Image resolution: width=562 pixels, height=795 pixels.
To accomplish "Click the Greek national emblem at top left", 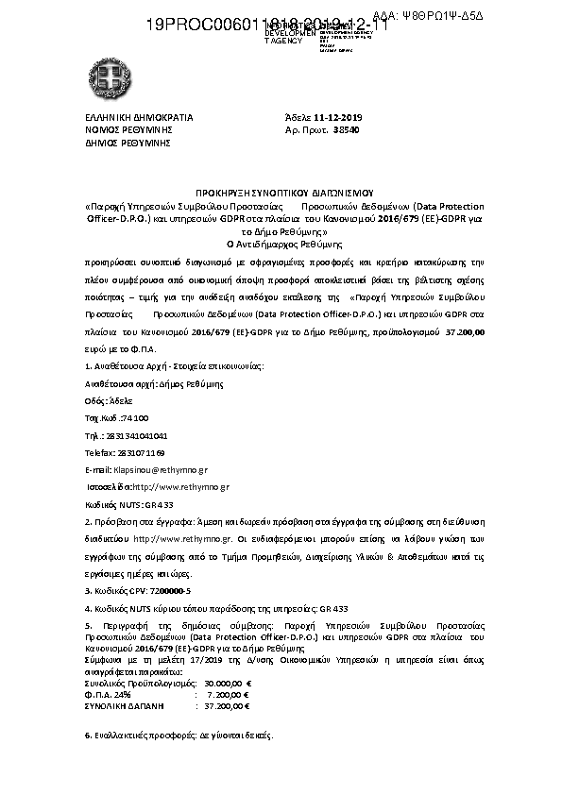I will click(101, 73).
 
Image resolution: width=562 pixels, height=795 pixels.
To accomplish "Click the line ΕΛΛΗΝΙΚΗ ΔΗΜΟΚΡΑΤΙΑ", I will click(139, 118).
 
